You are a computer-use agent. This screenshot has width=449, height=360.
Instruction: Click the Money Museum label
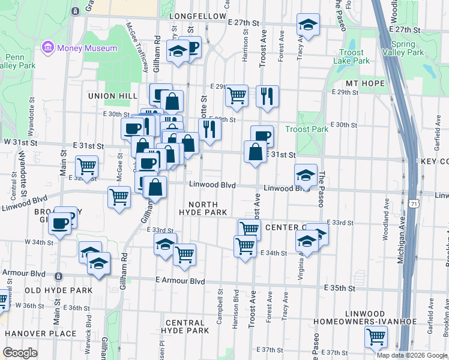tap(88, 47)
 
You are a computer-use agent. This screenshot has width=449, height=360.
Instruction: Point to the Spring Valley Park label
tap(403, 48)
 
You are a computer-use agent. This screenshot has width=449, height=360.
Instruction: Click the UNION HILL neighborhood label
tap(109, 96)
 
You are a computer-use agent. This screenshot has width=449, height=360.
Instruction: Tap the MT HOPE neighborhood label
tap(365, 83)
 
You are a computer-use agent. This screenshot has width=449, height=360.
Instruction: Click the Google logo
tap(20, 353)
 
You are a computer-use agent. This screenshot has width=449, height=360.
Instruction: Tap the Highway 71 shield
tap(415, 205)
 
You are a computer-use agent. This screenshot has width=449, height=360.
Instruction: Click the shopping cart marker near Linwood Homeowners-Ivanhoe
tap(376, 337)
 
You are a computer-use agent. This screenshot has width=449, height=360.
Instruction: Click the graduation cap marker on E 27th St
tap(308, 25)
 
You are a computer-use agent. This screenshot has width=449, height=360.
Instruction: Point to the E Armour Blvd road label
tap(180, 281)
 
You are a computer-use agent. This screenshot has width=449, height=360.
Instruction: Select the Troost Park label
tap(307, 129)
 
